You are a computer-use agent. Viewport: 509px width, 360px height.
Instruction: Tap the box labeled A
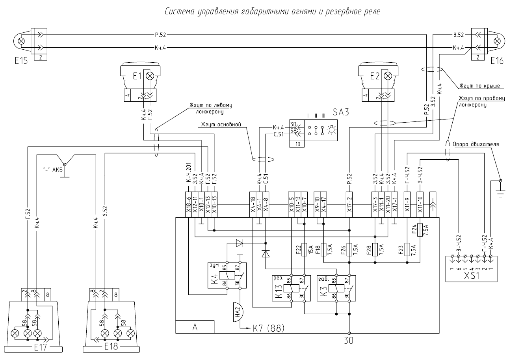pyautogui.click(x=195, y=327)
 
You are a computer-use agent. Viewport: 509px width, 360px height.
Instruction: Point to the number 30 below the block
pyautogui.click(x=349, y=340)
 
